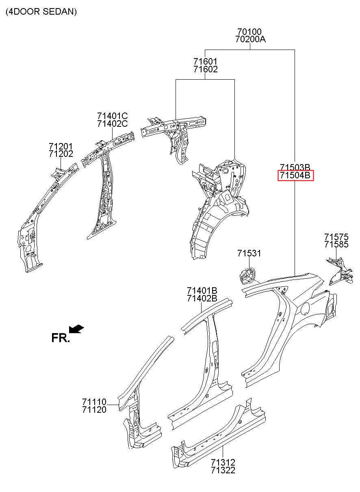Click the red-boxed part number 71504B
coord(295,176)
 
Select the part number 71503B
coord(295,167)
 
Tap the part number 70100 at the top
coord(249,31)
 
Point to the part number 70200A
coord(250,39)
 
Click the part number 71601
coord(205,61)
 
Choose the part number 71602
coord(205,69)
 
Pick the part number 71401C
coord(112,116)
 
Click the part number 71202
coord(61,154)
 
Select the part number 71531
coord(249,254)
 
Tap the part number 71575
coord(336,236)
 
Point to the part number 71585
coord(336,245)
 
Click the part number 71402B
coord(202,299)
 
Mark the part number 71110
coord(94,402)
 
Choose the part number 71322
coord(223,470)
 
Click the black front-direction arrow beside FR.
coord(76,328)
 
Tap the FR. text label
coord(61,338)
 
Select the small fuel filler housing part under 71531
coord(246,276)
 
